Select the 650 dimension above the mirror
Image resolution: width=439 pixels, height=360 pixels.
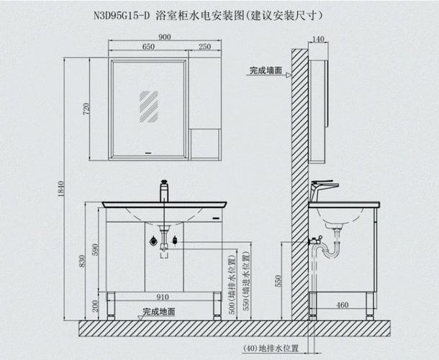(148, 47)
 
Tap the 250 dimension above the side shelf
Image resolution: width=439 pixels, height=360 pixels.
(204, 47)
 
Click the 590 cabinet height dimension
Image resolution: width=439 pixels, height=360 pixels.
(93, 249)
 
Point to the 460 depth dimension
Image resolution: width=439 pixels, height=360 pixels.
(343, 305)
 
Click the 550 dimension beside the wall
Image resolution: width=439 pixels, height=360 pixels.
(279, 282)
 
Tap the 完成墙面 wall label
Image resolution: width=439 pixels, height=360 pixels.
(265, 71)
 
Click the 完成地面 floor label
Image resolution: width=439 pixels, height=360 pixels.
(158, 312)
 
